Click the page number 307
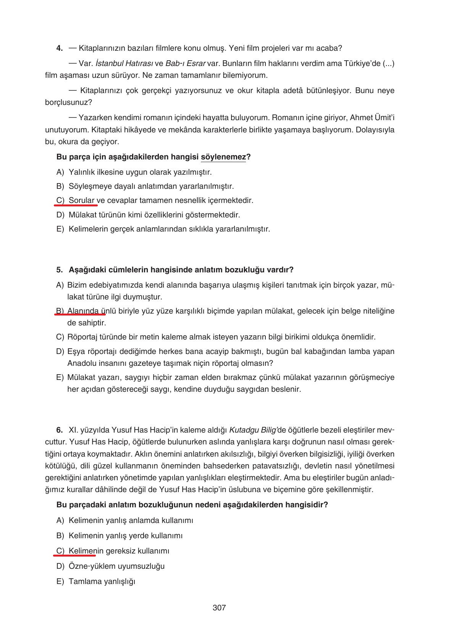tap(219, 608)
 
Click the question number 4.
tap(60, 48)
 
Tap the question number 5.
tap(60, 270)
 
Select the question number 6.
tap(60, 430)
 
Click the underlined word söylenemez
tap(223, 157)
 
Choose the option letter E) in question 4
tap(60, 229)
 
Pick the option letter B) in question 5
tap(60, 311)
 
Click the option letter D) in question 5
tap(60, 351)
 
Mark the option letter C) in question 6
tap(60, 551)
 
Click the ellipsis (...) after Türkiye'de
tap(388, 63)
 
